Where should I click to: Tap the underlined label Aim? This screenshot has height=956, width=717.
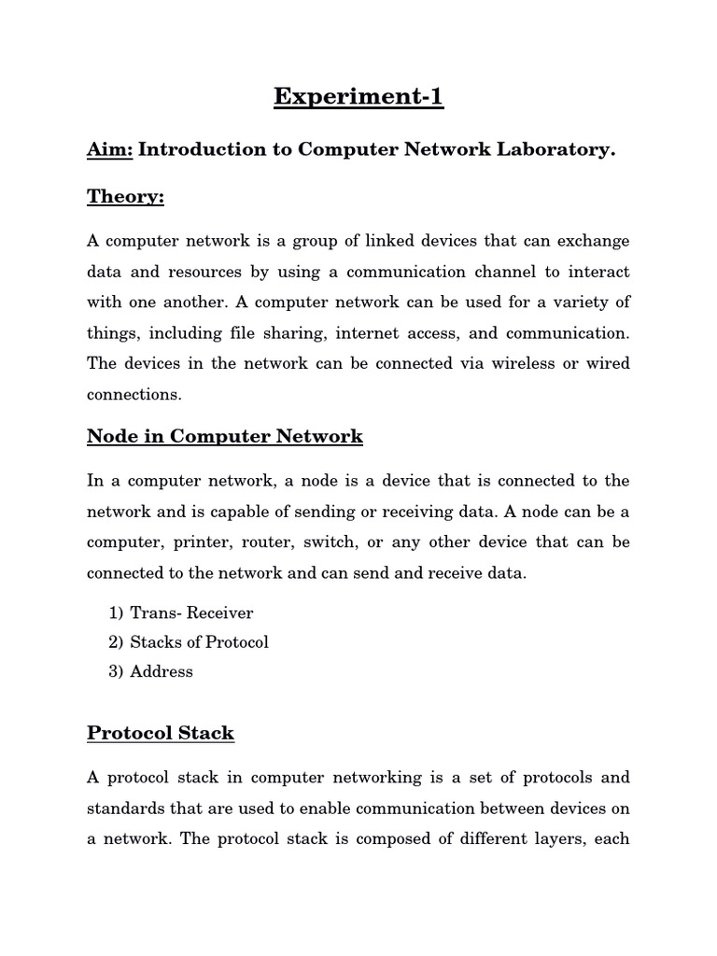(x=110, y=150)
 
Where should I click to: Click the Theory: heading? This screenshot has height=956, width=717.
(x=125, y=196)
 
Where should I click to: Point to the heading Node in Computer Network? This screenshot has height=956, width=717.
(x=225, y=436)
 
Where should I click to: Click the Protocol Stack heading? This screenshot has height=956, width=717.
(x=161, y=733)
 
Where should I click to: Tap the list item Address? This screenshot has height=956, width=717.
(x=162, y=671)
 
